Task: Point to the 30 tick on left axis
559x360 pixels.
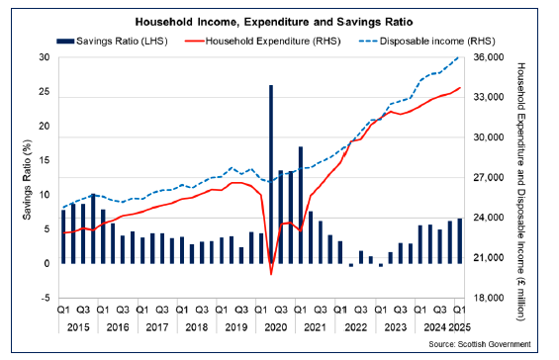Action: click(x=44, y=58)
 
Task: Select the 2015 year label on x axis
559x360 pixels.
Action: click(x=78, y=325)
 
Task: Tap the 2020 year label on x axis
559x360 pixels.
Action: click(x=276, y=325)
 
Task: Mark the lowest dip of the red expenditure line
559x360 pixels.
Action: click(x=271, y=274)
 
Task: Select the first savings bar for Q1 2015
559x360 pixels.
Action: click(x=63, y=236)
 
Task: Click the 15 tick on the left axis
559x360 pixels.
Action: click(x=44, y=161)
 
